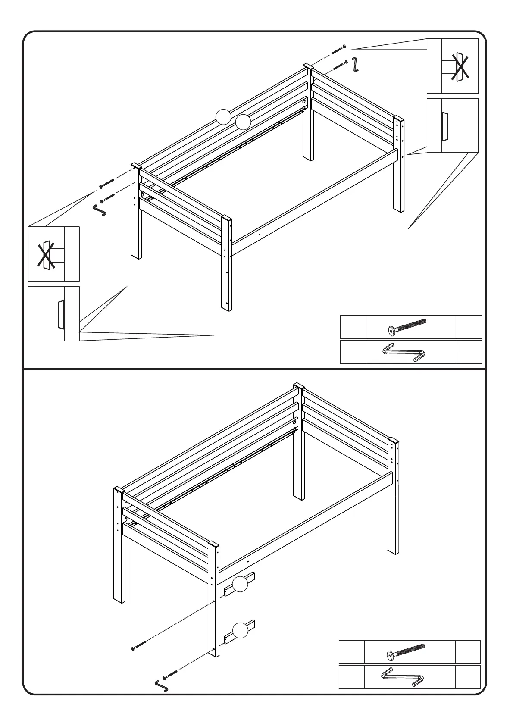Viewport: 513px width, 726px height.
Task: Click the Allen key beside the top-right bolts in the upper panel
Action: pos(355,65)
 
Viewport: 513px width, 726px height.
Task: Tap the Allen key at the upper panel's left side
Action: pos(100,210)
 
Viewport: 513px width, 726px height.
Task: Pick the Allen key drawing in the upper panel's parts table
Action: pos(404,352)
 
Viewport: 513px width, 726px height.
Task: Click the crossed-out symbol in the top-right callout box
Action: pos(460,66)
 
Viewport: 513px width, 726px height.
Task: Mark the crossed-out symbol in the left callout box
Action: pos(47,255)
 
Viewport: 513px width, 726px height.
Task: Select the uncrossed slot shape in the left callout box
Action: pos(60,313)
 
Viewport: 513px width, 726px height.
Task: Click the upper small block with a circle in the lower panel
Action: pos(240,584)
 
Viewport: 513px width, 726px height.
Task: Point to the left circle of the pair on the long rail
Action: pos(223,117)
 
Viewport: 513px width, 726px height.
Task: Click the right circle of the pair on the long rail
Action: pos(243,122)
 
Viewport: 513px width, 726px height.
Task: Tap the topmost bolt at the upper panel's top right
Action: pos(338,49)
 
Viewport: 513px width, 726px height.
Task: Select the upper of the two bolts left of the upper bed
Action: pos(106,183)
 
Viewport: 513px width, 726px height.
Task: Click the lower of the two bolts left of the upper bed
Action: pos(108,198)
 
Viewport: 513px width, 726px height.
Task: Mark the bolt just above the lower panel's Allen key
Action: pos(170,674)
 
